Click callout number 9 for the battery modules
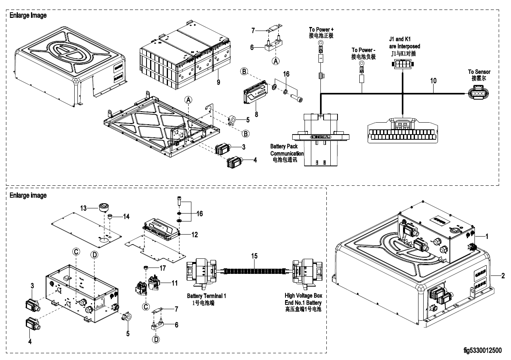(218, 83)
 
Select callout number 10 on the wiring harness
(433, 81)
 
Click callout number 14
(126, 217)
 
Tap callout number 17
(163, 268)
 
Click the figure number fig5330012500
(482, 350)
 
